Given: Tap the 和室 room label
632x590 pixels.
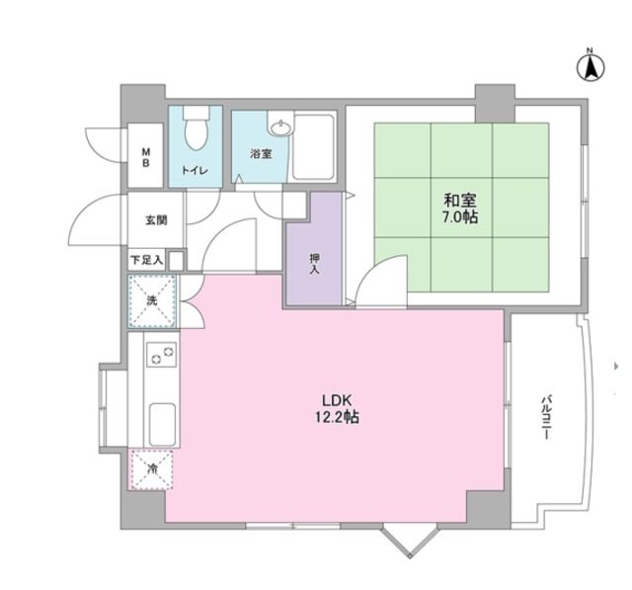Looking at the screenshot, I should click(461, 198).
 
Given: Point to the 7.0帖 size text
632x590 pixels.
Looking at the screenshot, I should click(461, 215).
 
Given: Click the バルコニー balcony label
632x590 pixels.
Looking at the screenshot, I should click(545, 417).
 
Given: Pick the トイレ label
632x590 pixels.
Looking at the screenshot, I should click(195, 171).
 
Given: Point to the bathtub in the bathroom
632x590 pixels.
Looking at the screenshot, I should click(315, 147).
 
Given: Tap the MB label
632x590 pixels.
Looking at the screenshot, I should click(145, 158).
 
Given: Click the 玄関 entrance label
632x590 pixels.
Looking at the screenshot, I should click(156, 220).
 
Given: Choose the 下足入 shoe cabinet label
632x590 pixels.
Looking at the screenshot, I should click(147, 261).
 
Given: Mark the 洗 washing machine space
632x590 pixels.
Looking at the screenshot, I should click(152, 299).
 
